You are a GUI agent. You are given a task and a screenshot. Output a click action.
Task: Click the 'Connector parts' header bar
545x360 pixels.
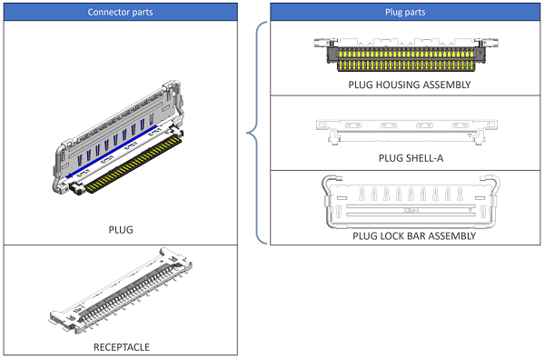click(x=121, y=12)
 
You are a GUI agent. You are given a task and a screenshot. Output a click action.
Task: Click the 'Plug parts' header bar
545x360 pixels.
click(x=407, y=12)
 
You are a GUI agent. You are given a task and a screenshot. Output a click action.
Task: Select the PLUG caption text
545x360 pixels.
click(x=120, y=229)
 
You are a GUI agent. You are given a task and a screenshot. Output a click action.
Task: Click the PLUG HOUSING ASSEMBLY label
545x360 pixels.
click(x=409, y=85)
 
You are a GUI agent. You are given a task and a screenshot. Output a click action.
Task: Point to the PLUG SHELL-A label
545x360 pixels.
click(x=409, y=158)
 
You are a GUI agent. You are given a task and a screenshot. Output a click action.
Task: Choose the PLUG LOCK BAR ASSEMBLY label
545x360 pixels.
click(x=409, y=235)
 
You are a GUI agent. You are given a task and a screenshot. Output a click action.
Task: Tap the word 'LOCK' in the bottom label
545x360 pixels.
click(x=393, y=235)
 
